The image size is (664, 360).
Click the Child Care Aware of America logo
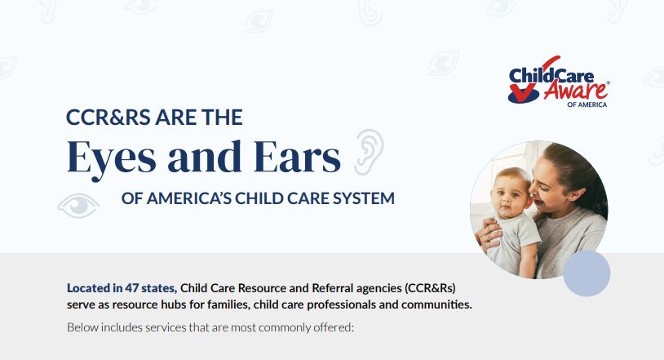tap(559, 82)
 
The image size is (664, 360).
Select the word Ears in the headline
tap(297, 157)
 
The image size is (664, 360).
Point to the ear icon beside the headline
tap(369, 152)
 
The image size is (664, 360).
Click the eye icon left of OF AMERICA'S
tap(78, 205)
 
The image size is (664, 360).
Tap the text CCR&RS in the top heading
tap(108, 118)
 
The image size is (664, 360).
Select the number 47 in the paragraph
tap(131, 288)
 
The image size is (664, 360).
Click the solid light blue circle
tap(587, 273)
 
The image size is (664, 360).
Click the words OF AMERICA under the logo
tap(587, 104)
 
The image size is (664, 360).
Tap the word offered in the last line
tap(334, 327)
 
